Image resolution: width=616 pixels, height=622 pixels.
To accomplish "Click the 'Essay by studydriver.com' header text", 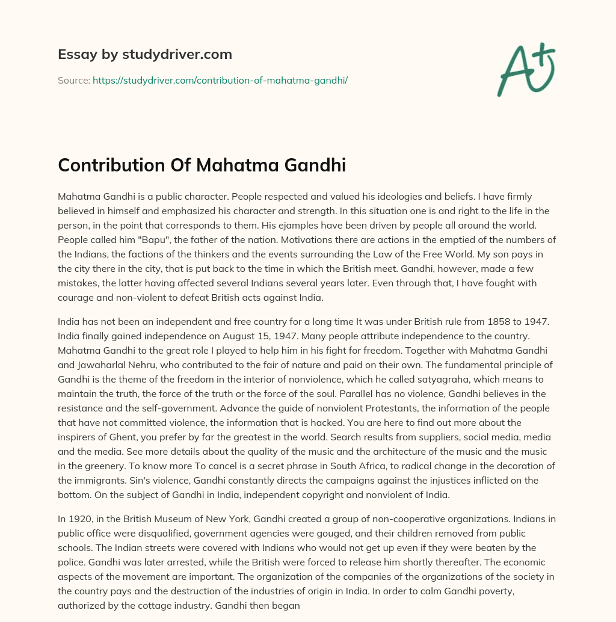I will [144, 55].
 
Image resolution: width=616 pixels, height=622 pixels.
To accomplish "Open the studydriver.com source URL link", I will [220, 80].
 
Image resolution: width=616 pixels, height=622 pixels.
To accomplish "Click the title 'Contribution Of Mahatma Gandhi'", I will [202, 165].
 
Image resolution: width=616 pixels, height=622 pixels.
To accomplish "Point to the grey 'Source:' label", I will [73, 80].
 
